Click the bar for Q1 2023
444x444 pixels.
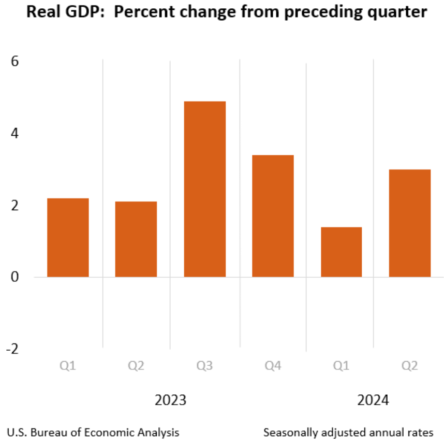pos(68,237)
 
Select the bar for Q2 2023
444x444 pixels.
pos(136,239)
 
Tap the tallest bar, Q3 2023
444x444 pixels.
pos(204,189)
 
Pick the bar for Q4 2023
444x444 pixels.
pos(273,216)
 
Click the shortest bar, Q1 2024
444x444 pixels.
pos(341,252)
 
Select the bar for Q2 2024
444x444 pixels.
pos(409,223)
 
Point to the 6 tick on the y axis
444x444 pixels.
pos(14,62)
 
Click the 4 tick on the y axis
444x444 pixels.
pos(14,134)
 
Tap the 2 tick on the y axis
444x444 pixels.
pos(14,206)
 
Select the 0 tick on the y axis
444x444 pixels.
pos(14,277)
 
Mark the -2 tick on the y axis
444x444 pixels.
pos(12,349)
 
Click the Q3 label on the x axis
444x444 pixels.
pos(204,366)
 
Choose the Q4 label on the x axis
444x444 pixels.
pos(273,366)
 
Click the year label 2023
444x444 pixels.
pos(170,400)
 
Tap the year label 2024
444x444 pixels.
pos(373,400)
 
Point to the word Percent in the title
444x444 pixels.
pos(143,12)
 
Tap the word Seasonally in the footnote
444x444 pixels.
pos(287,432)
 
